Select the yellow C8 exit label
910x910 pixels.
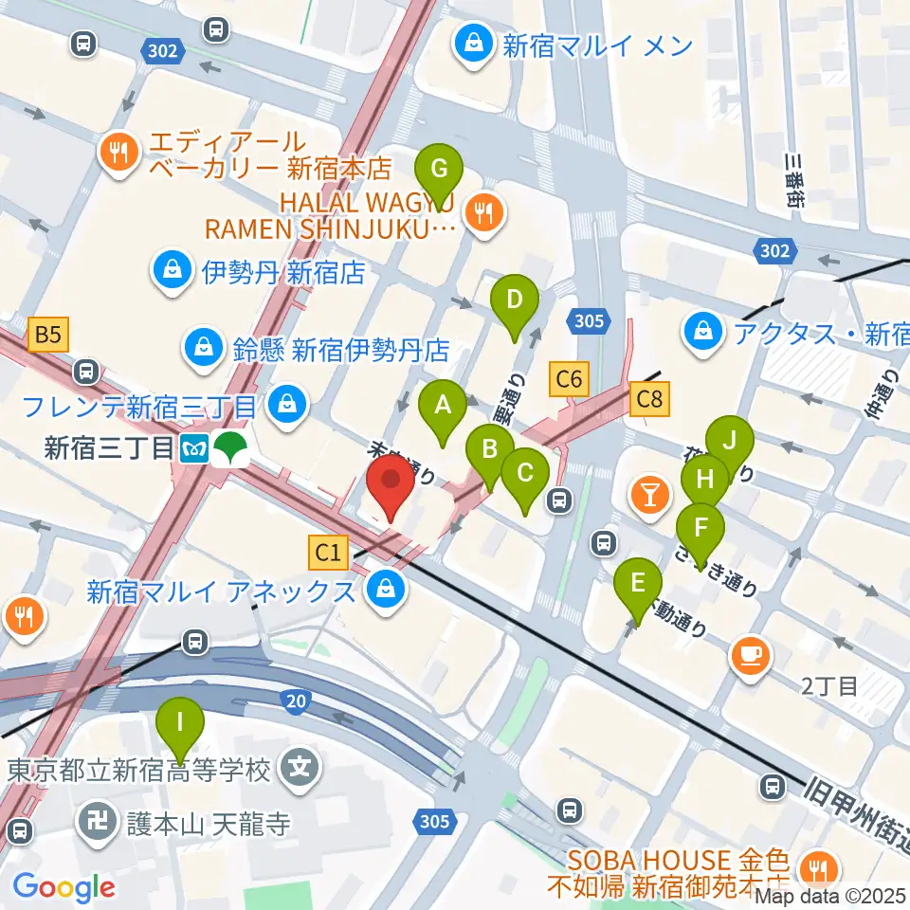pos(649,398)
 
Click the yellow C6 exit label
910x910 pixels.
pos(569,380)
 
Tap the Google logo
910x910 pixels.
pos(64,887)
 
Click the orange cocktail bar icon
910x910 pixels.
pos(650,493)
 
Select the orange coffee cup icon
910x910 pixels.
pos(751,655)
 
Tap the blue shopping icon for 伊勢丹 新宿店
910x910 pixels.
pos(173,273)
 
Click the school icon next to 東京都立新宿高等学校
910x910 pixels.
pos(301,766)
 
